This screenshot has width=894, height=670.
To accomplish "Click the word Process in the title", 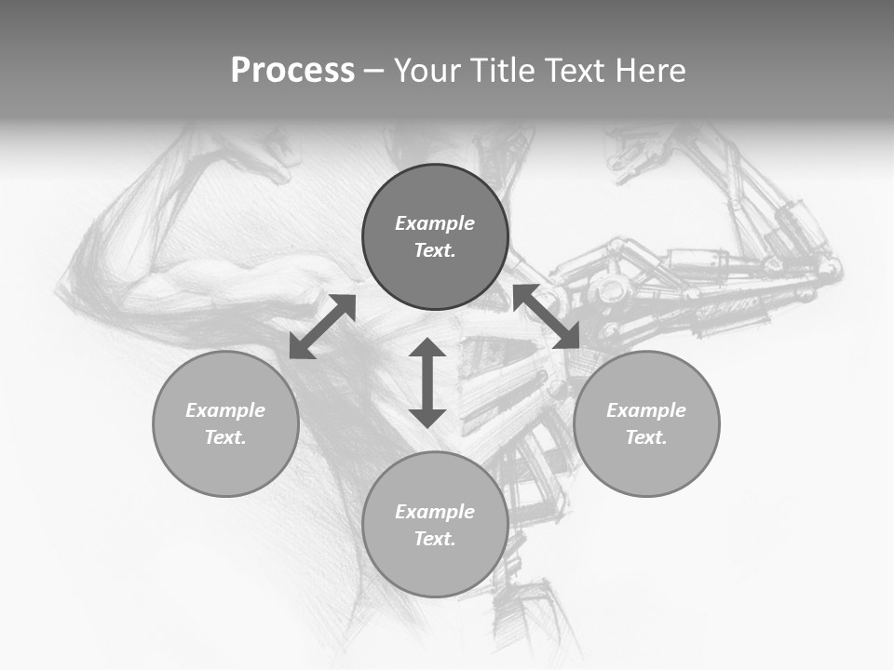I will pyautogui.click(x=292, y=71).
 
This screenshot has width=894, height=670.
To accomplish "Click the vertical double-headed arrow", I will pyautogui.click(x=427, y=382).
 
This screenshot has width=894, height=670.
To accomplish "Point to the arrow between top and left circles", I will pyautogui.click(x=322, y=327).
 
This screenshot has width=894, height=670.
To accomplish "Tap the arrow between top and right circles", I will pyautogui.click(x=547, y=316).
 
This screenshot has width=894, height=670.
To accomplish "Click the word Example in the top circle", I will pyautogui.click(x=435, y=223).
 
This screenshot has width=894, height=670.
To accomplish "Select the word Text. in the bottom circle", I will pyautogui.click(x=435, y=539).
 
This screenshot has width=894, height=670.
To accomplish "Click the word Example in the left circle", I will pyautogui.click(x=225, y=410).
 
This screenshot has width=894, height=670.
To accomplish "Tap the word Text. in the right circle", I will pyautogui.click(x=646, y=437).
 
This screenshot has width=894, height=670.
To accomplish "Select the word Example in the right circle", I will pyautogui.click(x=646, y=410).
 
